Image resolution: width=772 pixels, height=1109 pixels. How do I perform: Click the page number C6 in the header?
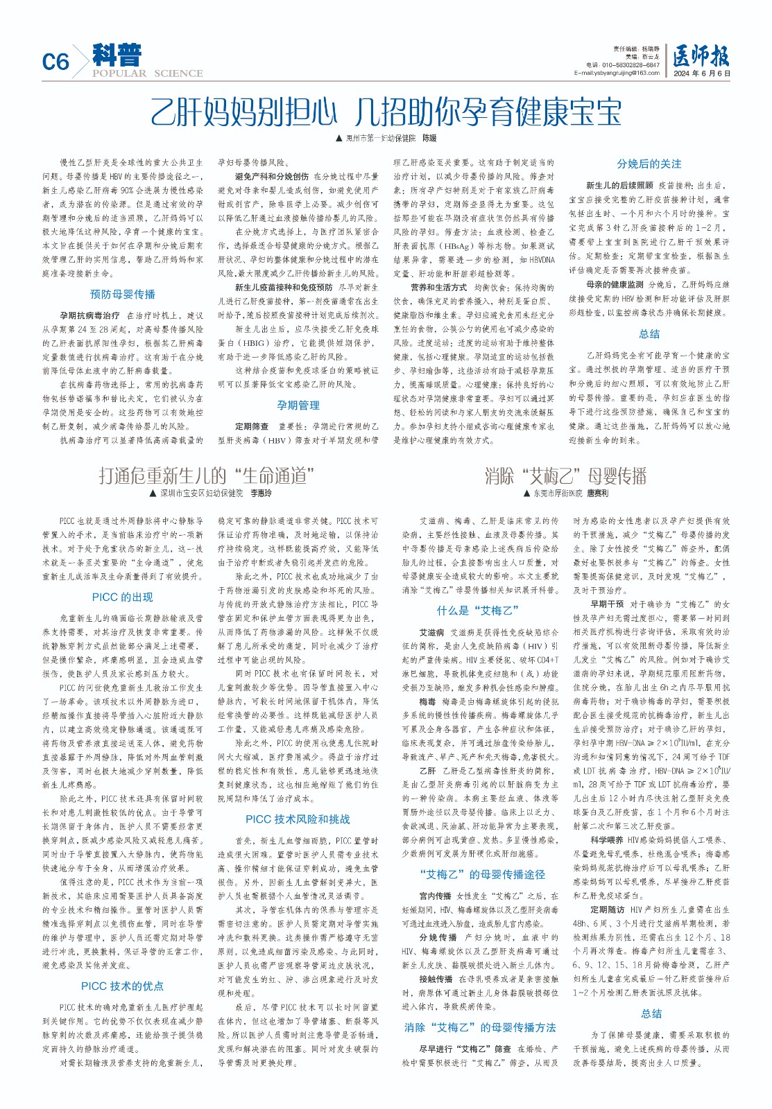coord(55,62)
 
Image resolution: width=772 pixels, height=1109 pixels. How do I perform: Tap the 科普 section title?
coord(117,55)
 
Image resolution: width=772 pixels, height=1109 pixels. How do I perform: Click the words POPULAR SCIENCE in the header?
coord(147,73)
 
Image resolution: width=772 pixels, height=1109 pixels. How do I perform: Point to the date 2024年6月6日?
coord(702,73)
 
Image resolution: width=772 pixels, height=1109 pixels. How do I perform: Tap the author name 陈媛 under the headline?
coord(430,139)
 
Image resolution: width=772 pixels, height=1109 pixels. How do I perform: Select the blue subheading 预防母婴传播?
coord(123,294)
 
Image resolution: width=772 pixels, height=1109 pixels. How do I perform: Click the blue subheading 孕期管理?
coord(298,405)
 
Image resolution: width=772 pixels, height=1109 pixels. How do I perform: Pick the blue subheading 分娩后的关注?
coord(649,164)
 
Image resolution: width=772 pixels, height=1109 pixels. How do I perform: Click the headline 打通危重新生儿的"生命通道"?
coord(207,475)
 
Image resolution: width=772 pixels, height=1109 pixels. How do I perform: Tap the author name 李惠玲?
coord(261,494)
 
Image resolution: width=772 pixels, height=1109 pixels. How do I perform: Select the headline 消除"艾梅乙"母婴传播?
coord(565,475)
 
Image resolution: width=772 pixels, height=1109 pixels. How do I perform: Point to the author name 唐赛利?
coord(597,494)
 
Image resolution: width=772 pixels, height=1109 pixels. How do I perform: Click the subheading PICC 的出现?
coord(123,597)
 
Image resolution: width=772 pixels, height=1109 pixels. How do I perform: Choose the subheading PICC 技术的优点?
coord(123,986)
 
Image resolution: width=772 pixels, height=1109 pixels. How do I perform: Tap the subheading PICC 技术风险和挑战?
coord(298,819)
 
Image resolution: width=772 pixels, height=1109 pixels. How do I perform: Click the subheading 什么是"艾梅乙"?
coord(479,611)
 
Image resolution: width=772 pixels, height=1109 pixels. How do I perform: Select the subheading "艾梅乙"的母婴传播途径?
coord(483,874)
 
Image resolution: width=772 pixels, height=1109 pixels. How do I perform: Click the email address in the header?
coord(617,73)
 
